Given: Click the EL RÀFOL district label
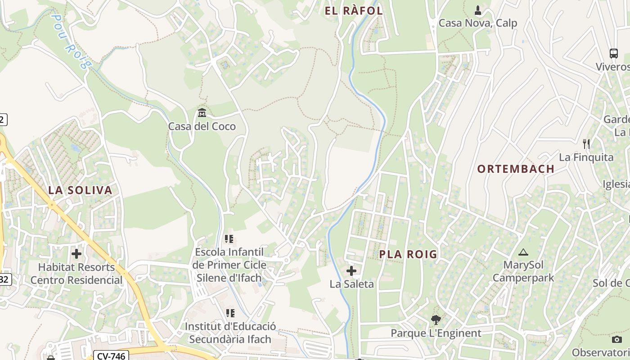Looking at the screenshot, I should [x=354, y=11].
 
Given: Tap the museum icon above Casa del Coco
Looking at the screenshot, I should [x=202, y=112].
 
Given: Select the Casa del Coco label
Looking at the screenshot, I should [x=202, y=126].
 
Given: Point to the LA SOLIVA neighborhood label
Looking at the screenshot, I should [x=80, y=190].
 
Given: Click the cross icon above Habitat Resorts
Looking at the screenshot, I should [x=76, y=254].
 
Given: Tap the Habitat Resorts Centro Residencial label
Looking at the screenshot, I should [x=76, y=274].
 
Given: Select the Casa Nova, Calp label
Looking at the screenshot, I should [x=477, y=23].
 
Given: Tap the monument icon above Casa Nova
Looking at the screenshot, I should [x=478, y=10].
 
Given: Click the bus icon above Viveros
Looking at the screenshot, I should [x=613, y=54].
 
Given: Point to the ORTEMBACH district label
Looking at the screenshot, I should [x=516, y=169].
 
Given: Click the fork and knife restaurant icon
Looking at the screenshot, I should [x=586, y=144].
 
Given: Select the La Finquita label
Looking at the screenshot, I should [x=586, y=157].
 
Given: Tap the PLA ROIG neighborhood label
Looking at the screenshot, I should [x=408, y=254].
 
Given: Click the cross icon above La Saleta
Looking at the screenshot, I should [x=351, y=271].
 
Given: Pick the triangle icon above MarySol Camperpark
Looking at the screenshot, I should [x=523, y=252].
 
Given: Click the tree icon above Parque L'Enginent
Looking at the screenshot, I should [x=436, y=320].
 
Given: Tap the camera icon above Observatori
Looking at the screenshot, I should [x=617, y=339].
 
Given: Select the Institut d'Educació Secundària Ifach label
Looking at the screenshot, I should [x=230, y=333].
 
